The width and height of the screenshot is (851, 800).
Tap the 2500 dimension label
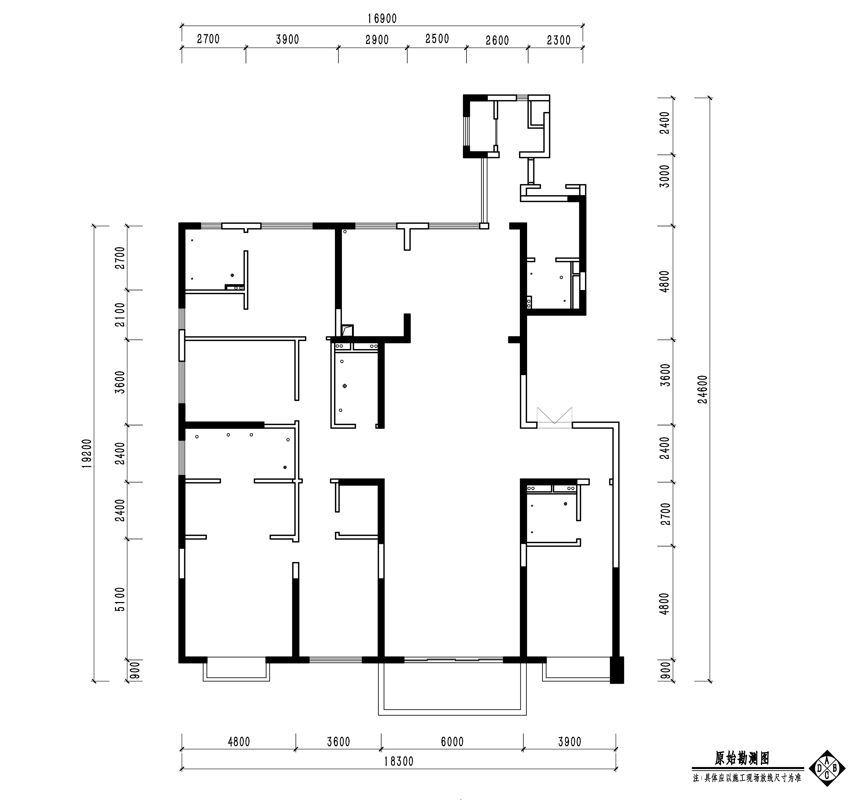437,39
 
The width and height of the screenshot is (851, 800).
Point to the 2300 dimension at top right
559,40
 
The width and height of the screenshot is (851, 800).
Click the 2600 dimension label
497,41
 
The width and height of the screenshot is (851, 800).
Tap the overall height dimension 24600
703,390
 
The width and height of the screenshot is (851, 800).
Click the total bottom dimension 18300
399,762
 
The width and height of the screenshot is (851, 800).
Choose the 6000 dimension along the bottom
452,742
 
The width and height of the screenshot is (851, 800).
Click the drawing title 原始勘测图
742,759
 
